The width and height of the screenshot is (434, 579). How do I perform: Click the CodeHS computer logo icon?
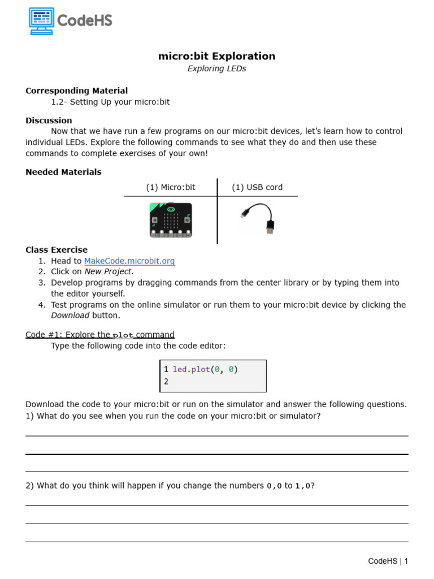tap(41, 21)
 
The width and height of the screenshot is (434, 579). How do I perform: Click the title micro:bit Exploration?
tap(217, 56)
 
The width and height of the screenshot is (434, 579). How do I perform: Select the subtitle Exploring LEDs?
tap(217, 69)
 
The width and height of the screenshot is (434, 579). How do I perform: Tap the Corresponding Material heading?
tap(76, 90)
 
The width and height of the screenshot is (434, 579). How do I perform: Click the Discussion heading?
tap(49, 120)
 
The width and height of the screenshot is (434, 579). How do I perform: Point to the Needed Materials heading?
tap(63, 172)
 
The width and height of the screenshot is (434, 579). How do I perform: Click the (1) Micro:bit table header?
tap(170, 187)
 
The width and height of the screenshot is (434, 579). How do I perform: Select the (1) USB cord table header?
tap(257, 187)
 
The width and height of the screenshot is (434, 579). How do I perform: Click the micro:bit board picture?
tap(170, 219)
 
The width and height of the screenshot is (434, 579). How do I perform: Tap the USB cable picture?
tap(257, 219)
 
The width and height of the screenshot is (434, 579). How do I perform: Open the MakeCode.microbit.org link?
tap(129, 261)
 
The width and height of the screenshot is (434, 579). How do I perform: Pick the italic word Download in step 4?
tap(70, 316)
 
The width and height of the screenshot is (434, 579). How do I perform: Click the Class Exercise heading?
tap(57, 249)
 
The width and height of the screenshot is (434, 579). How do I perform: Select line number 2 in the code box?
tap(166, 382)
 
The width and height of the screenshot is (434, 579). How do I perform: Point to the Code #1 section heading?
tap(99, 335)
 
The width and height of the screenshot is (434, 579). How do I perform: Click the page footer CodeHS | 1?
tap(388, 561)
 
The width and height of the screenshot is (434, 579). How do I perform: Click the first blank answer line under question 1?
tap(216, 435)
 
